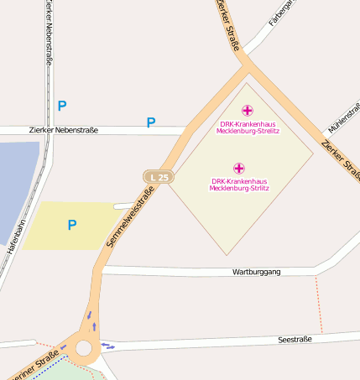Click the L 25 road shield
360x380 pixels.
159,177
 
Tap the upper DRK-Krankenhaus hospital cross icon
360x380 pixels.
247,111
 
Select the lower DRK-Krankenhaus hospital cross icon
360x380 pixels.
238,168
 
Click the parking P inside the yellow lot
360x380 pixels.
72,225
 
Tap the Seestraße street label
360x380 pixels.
295,339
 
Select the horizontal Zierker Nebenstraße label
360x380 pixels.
64,130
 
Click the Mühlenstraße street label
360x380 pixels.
343,122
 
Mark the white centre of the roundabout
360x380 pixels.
84,348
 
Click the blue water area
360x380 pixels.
17,185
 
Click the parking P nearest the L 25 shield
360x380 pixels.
151,123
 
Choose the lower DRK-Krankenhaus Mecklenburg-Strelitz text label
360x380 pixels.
238,185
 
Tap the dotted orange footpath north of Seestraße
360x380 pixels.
319,302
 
